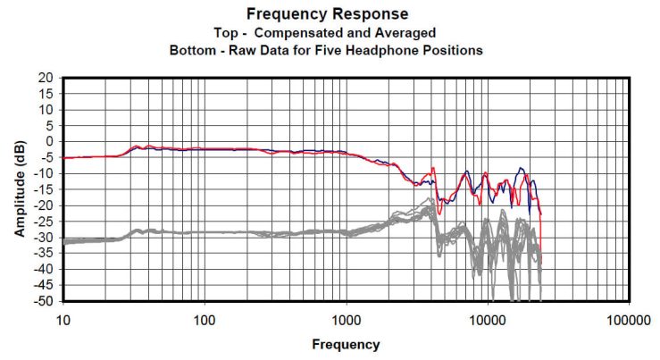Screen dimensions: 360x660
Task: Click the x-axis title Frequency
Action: click(346, 344)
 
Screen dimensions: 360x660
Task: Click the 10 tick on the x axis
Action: click(63, 319)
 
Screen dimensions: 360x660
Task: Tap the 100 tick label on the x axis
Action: click(205, 319)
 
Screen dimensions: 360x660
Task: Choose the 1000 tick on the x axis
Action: click(347, 319)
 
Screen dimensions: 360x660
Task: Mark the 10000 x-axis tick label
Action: click(488, 319)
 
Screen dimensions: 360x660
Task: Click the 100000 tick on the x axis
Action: click(629, 319)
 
